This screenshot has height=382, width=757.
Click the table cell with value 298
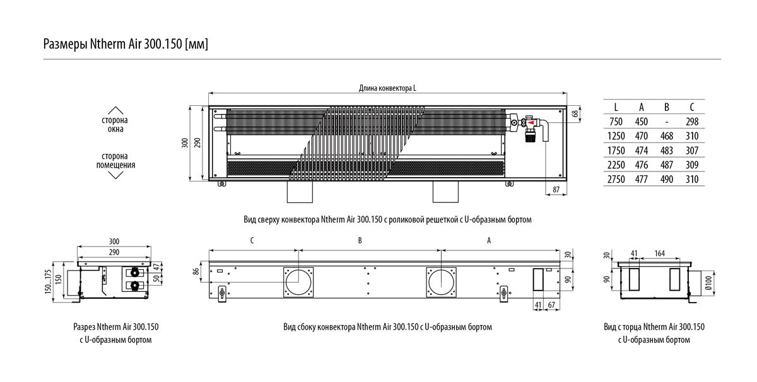pos(693,122)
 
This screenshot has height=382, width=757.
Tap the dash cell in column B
pos(667,122)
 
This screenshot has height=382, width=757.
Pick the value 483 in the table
pos(667,151)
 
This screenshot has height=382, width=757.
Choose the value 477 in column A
pos(642,179)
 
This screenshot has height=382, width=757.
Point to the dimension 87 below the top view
pos(555,190)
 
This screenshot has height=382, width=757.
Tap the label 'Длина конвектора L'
pos(387,88)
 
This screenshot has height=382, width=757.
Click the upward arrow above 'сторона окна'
pos(115,109)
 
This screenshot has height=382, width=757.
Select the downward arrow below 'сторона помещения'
pos(115,175)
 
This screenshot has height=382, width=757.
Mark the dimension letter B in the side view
pos(360,240)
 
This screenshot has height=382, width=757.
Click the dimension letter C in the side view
pos(252,240)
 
